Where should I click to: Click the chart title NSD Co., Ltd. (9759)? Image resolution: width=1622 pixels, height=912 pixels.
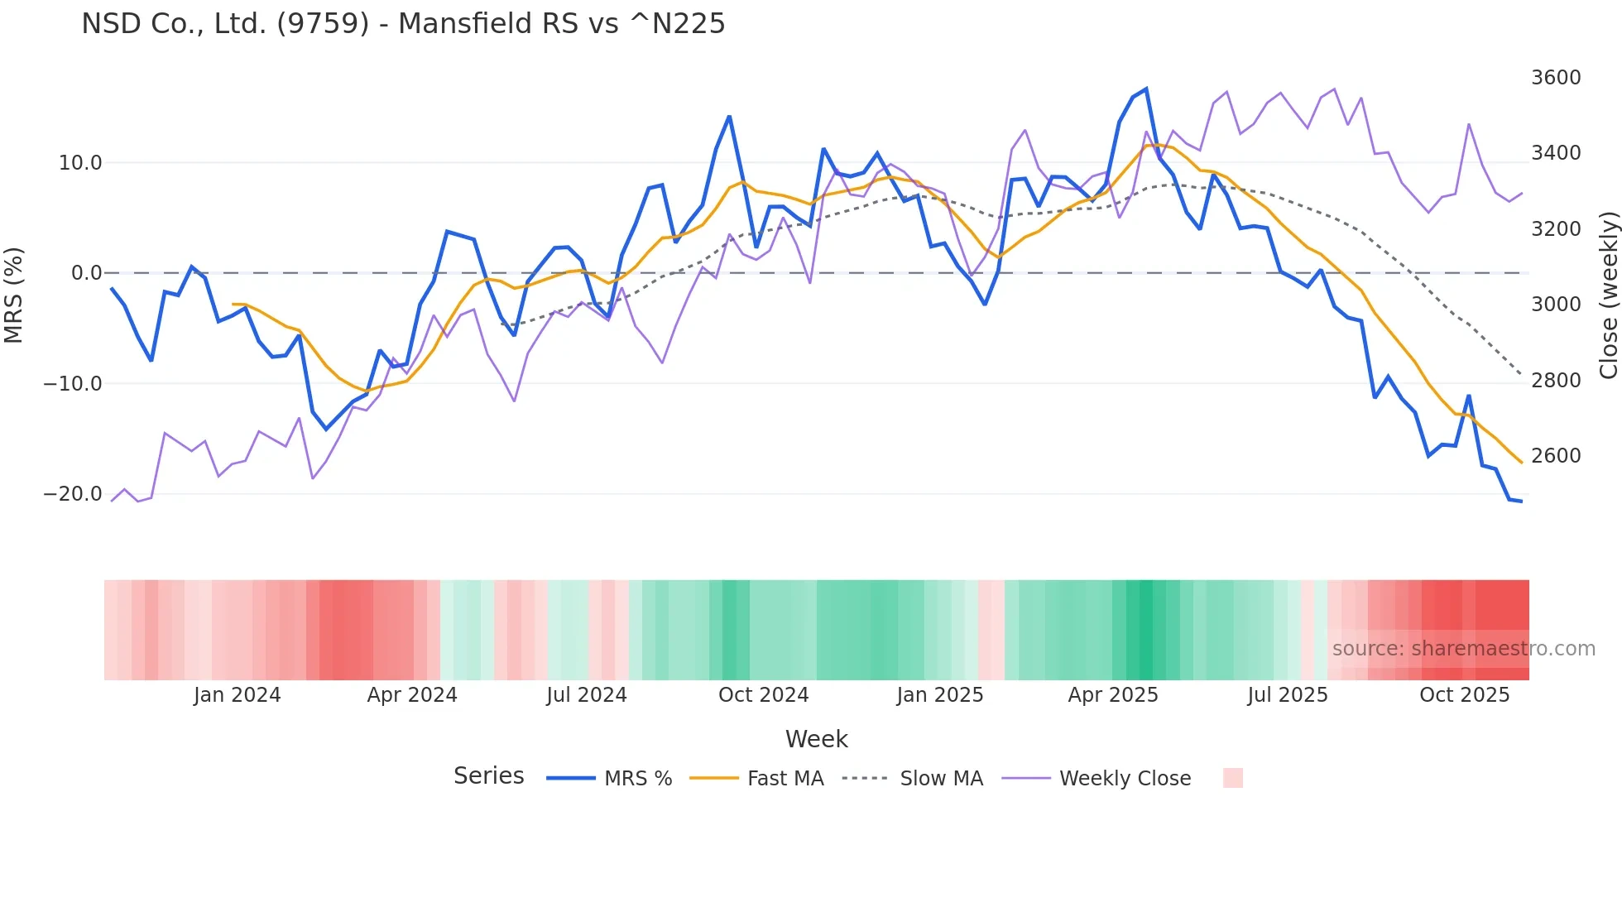[403, 24]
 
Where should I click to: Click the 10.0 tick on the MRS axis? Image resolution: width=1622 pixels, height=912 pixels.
[80, 163]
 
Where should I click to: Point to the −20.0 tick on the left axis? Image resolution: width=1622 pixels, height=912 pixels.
[73, 494]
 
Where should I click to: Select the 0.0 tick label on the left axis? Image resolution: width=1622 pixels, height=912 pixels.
[87, 273]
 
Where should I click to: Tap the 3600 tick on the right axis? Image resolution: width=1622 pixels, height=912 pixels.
[1556, 78]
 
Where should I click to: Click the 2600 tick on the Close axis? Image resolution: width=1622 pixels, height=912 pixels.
[1556, 456]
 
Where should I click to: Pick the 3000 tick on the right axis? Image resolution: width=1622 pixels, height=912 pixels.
[1556, 305]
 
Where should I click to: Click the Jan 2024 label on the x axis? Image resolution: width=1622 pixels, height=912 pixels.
[238, 695]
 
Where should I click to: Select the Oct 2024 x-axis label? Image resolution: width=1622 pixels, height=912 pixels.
[763, 695]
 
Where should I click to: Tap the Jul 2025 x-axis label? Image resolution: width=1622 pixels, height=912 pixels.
[1288, 695]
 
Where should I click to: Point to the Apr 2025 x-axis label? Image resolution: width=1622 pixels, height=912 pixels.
[1113, 695]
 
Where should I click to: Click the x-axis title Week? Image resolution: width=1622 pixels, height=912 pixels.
[816, 739]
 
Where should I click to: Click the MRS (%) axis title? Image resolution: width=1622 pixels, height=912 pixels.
[14, 295]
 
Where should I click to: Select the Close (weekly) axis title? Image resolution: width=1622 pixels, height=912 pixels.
[1608, 295]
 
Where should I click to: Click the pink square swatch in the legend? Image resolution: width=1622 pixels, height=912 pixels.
[1232, 778]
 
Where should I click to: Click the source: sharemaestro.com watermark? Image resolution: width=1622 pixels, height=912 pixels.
[1463, 649]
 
